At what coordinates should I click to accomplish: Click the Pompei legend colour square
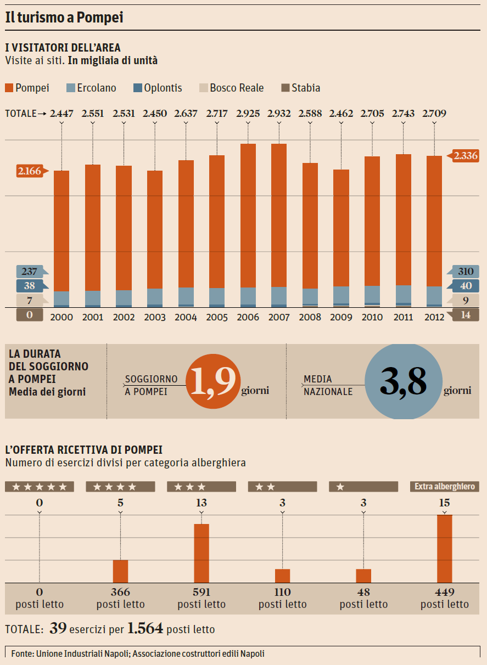[x=9, y=88]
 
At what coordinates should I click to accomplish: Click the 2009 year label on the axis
[x=341, y=317]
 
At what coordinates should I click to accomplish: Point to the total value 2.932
[x=279, y=114]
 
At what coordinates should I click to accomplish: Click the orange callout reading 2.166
[x=30, y=171]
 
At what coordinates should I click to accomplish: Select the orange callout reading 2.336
[x=465, y=156]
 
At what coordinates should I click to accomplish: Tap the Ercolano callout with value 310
[x=465, y=271]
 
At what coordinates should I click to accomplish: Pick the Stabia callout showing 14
[x=464, y=315]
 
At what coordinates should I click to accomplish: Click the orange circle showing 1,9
[x=214, y=382]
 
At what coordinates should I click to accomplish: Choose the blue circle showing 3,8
[x=403, y=382]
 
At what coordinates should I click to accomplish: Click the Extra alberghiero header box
[x=444, y=487]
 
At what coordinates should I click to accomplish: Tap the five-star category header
[x=39, y=487]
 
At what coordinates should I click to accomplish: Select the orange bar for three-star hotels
[x=201, y=553]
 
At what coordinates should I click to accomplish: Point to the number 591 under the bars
[x=201, y=593]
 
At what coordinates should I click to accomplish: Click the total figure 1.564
[x=145, y=629]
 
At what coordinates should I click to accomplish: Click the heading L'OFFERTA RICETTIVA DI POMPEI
[x=83, y=450]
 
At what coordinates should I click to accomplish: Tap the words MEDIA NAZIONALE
[x=328, y=386]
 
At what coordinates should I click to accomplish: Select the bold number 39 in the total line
[x=58, y=629]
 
